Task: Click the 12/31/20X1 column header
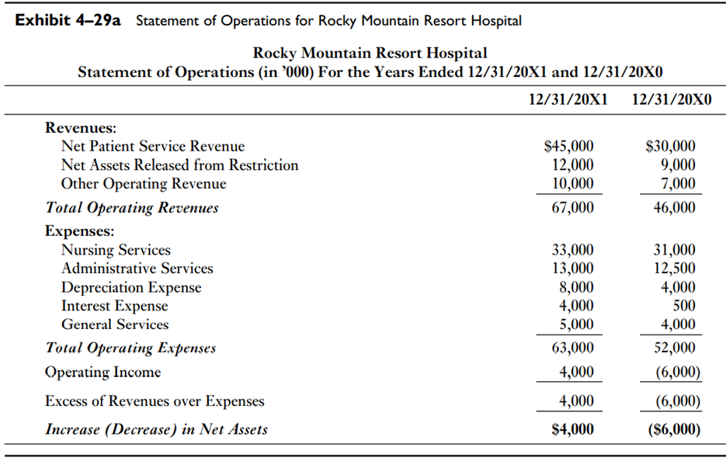(x=568, y=99)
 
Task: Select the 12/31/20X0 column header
(x=669, y=99)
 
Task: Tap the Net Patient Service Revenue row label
(x=153, y=146)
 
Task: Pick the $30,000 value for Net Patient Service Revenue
(x=671, y=146)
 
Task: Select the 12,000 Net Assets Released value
(x=572, y=165)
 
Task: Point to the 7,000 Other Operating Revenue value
(x=678, y=184)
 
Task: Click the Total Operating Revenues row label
(x=132, y=208)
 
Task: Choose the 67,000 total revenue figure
(x=572, y=208)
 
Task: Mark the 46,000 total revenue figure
(x=674, y=208)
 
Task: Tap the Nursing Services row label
(x=116, y=250)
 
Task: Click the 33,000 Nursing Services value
(x=572, y=250)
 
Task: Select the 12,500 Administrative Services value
(x=674, y=269)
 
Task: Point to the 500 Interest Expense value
(x=684, y=306)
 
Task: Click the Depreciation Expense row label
(x=131, y=287)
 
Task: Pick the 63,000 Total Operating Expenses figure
(x=572, y=348)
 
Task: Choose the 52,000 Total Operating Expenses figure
(x=674, y=348)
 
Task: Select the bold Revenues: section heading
(x=81, y=127)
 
